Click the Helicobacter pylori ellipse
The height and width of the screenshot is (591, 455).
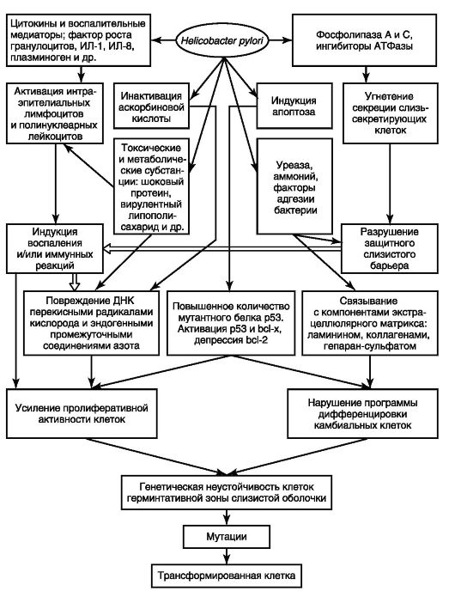click(x=223, y=40)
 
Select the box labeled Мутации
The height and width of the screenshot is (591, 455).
click(x=227, y=536)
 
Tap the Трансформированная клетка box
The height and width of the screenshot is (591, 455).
click(x=227, y=576)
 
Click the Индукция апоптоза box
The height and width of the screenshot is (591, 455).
click(x=294, y=106)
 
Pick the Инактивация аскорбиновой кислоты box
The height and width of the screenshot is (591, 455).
click(x=151, y=106)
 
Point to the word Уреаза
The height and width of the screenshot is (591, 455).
click(x=294, y=165)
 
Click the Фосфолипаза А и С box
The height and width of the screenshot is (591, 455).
click(x=364, y=40)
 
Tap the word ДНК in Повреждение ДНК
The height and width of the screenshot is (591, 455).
click(x=124, y=301)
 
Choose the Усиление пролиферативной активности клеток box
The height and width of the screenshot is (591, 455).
click(x=82, y=413)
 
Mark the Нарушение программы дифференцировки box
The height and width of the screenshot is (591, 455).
click(x=362, y=413)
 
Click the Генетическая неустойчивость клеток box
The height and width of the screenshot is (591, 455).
click(x=227, y=492)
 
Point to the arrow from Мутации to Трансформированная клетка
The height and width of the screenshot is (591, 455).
click(x=227, y=556)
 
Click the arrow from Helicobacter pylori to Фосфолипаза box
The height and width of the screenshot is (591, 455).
click(x=281, y=40)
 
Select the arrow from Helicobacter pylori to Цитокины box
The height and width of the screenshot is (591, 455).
click(x=163, y=40)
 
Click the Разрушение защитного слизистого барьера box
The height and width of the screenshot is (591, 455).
click(x=390, y=249)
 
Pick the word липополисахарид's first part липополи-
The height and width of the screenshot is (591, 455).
click(x=151, y=216)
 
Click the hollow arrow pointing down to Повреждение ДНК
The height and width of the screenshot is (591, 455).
click(x=75, y=282)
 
